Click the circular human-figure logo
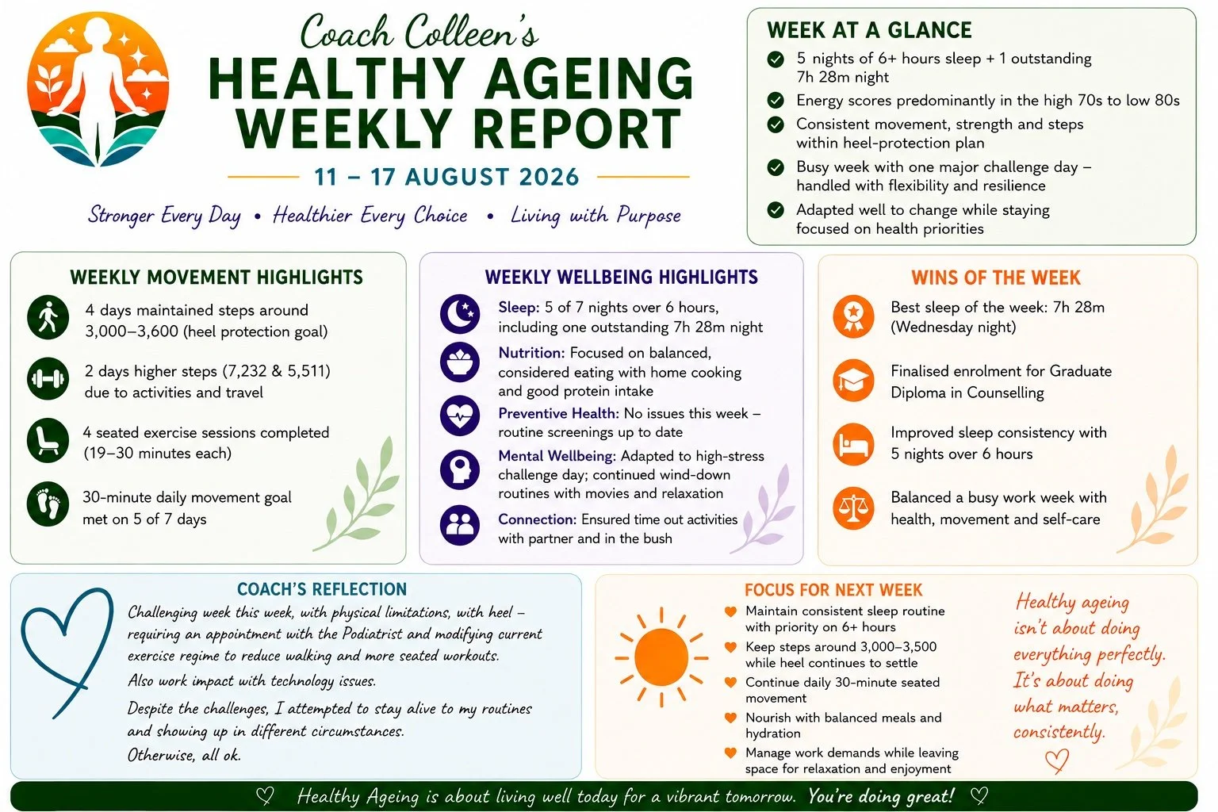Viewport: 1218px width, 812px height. point(98,90)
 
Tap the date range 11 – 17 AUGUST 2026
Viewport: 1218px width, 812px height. point(446,178)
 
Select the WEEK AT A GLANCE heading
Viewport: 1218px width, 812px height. point(869,30)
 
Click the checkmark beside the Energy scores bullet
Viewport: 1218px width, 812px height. point(776,100)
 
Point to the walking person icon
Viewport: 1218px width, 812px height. point(48,318)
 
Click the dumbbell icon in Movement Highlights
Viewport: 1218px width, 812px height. point(48,378)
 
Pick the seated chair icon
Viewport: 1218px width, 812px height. point(48,440)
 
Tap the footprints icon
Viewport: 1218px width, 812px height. point(48,504)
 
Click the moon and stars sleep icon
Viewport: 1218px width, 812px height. point(460,314)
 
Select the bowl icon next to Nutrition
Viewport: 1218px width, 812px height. point(460,362)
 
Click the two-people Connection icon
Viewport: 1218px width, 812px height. point(460,526)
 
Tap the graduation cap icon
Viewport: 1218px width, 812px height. point(853,380)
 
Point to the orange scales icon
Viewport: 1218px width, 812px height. point(853,508)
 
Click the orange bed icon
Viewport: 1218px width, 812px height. point(853,444)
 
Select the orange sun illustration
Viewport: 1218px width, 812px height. point(661,657)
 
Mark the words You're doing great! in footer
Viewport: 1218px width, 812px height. point(881,796)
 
